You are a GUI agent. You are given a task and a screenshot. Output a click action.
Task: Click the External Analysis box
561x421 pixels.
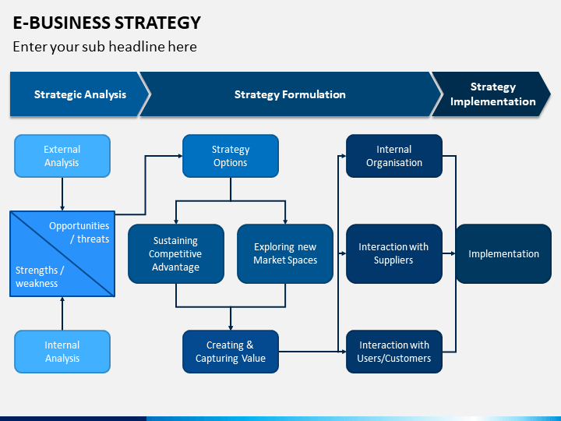click(x=62, y=156)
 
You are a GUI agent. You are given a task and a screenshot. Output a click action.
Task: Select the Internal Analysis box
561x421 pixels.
click(x=62, y=352)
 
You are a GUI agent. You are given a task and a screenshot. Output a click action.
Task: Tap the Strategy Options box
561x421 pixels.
click(x=231, y=156)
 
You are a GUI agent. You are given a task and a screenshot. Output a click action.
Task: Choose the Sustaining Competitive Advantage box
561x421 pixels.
click(x=176, y=254)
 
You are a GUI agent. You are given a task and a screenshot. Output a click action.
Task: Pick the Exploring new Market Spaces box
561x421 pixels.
click(x=285, y=254)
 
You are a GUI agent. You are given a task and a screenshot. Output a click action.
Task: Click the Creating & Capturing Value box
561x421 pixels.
click(x=231, y=352)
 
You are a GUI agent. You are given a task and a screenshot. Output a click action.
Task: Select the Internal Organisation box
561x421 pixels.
click(x=394, y=156)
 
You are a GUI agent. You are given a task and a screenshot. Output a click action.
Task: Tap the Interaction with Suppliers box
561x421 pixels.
click(x=394, y=254)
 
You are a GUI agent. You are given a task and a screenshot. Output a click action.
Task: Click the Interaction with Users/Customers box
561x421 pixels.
click(x=394, y=352)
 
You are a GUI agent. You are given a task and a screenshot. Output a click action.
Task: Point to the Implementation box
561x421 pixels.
click(x=504, y=254)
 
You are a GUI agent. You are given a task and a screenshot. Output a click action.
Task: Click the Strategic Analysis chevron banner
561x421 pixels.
click(x=80, y=94)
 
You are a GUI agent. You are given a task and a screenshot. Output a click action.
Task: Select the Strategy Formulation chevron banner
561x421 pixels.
click(x=290, y=94)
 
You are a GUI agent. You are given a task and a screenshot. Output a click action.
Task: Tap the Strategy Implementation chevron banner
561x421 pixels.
click(x=492, y=94)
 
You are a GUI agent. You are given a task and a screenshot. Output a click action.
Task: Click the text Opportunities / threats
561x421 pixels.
click(x=79, y=232)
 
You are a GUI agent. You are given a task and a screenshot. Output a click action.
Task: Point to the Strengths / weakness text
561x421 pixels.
click(x=40, y=277)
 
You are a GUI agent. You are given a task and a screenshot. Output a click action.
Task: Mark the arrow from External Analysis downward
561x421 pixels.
click(x=62, y=194)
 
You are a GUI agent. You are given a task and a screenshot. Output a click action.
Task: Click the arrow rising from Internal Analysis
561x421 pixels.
click(x=62, y=313)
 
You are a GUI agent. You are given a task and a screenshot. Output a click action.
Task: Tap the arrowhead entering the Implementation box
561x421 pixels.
click(x=453, y=253)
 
